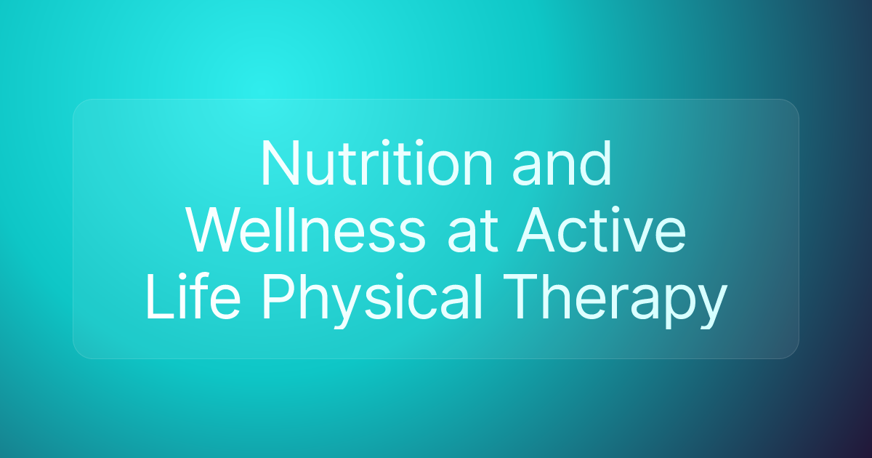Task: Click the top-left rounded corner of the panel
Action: coord(78,105)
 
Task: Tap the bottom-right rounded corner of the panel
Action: coord(793,353)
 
